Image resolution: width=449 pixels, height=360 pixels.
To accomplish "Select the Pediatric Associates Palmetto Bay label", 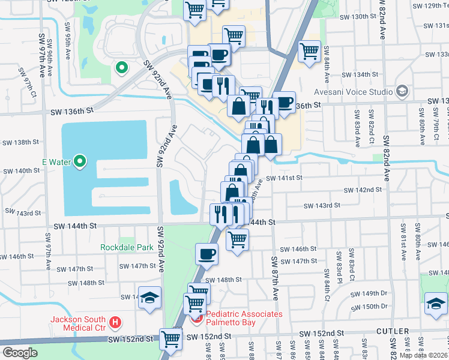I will (x=244, y=319).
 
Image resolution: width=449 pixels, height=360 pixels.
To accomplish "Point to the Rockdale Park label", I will (x=127, y=247).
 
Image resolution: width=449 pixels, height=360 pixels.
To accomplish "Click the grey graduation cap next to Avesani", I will (x=402, y=91).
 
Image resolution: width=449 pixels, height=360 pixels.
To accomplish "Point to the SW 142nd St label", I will (x=363, y=190).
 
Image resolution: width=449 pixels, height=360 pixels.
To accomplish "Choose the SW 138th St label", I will (x=20, y=142).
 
